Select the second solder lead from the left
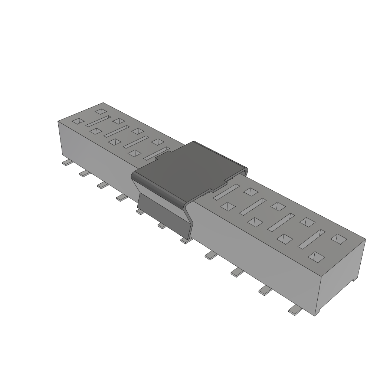(85, 173)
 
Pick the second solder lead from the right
(265, 291)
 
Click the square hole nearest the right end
(339, 239)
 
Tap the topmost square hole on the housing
(100, 111)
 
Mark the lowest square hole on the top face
(317, 256)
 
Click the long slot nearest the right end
(311, 239)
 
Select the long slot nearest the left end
(98, 121)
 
